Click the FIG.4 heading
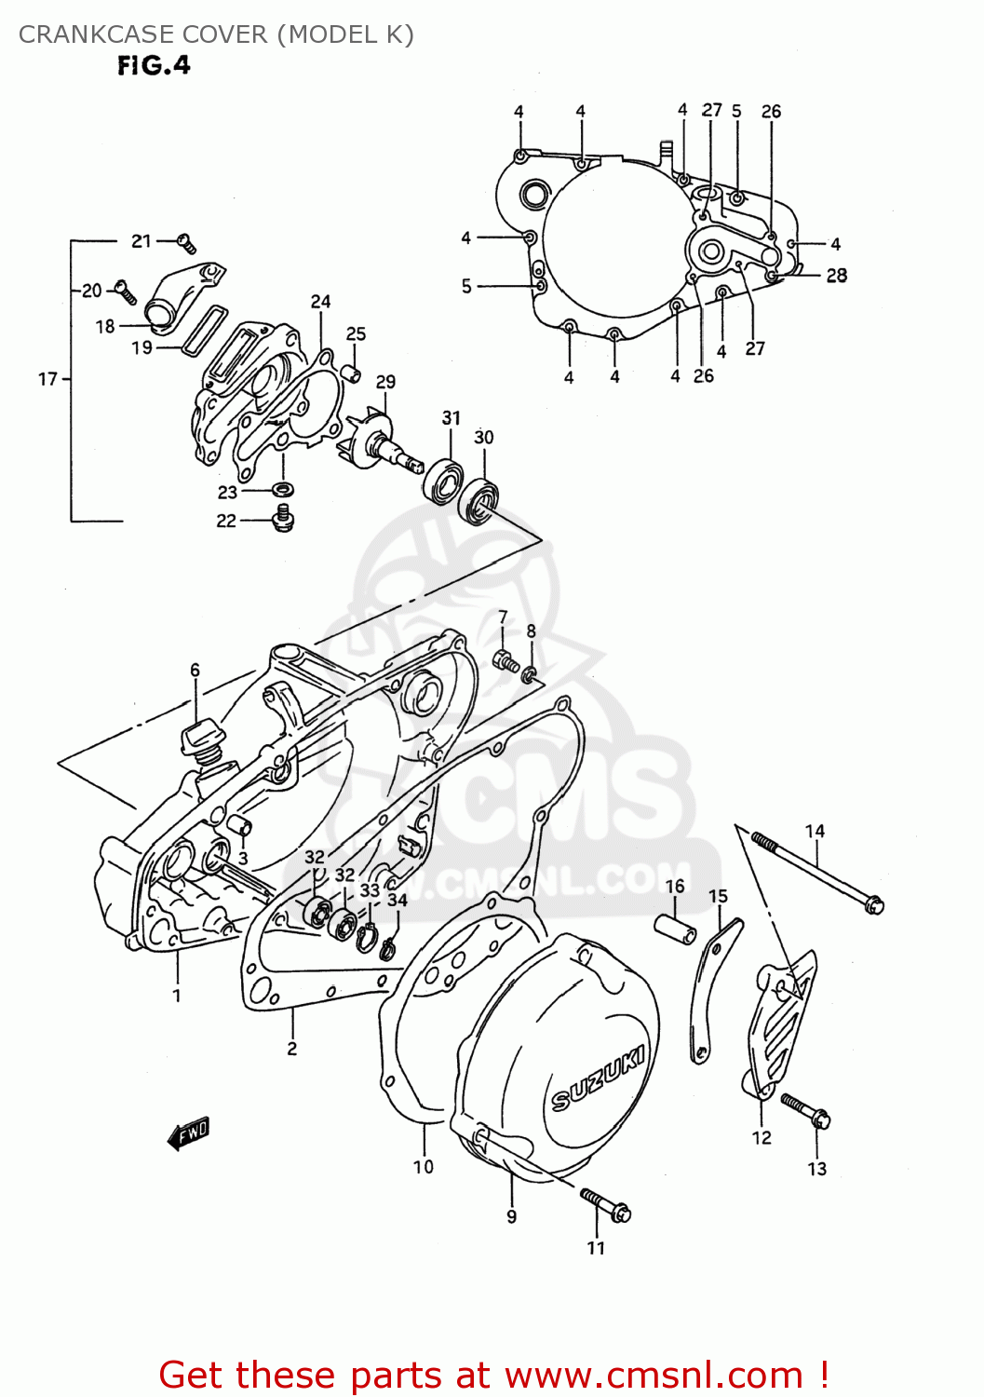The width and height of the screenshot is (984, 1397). [x=154, y=65]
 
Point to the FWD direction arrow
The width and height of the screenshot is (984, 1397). [x=188, y=1133]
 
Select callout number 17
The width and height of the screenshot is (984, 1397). [x=47, y=379]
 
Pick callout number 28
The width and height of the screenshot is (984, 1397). [x=836, y=276]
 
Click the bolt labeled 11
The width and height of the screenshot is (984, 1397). [x=606, y=1204]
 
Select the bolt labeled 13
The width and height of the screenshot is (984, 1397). [x=805, y=1110]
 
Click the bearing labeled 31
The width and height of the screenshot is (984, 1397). [x=443, y=481]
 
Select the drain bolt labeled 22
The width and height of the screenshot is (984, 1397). [x=282, y=518]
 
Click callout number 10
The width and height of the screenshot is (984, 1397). [x=423, y=1167]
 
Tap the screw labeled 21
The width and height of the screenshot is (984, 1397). [x=187, y=243]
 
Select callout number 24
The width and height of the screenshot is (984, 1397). [x=320, y=302]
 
